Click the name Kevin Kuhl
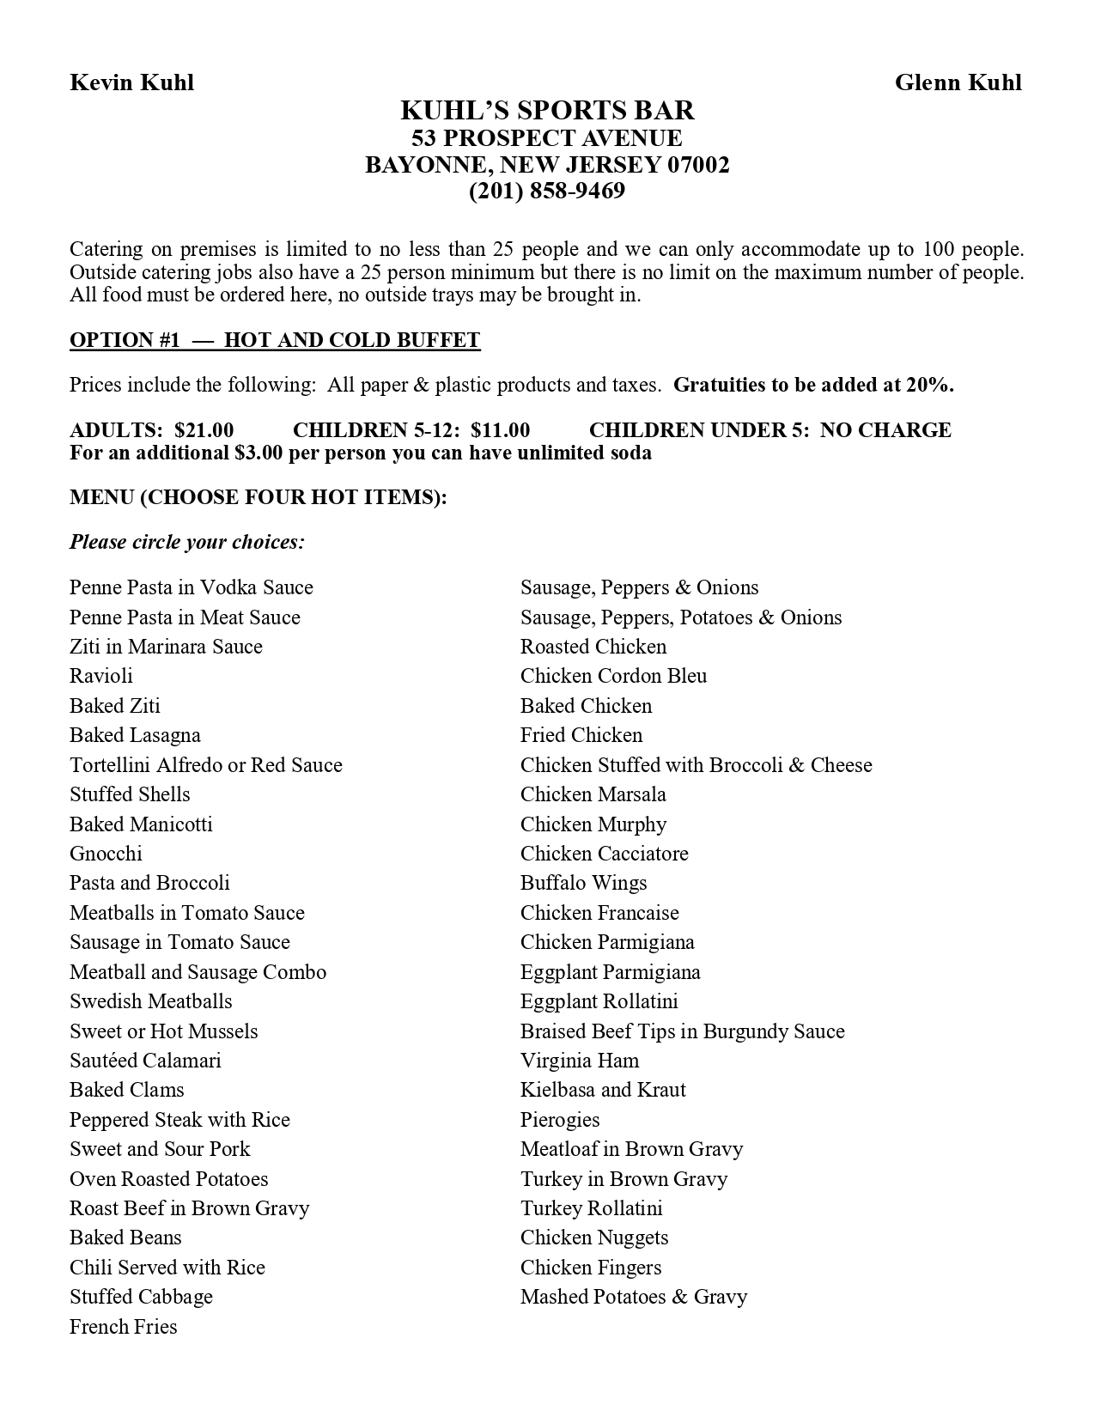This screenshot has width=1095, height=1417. click(131, 82)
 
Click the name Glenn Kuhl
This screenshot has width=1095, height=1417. click(958, 82)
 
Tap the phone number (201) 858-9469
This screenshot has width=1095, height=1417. click(547, 191)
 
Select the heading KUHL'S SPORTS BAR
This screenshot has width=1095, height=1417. click(547, 111)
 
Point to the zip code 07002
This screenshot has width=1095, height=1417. click(698, 165)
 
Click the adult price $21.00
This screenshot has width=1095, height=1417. click(204, 430)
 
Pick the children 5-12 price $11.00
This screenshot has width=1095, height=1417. click(500, 430)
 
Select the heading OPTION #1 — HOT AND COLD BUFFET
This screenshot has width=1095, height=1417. click(275, 340)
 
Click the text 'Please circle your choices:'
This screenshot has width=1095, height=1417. click(187, 543)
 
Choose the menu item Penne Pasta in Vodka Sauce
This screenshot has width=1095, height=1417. click(192, 588)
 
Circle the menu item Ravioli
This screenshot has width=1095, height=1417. click(101, 677)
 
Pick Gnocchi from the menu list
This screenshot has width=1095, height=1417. click(106, 854)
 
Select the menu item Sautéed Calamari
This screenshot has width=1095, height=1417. click(145, 1061)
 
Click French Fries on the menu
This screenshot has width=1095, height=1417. click(124, 1328)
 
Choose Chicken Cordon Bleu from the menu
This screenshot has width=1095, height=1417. click(613, 677)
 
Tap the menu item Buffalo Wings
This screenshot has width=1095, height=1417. click(583, 884)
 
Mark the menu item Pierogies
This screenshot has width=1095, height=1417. click(560, 1121)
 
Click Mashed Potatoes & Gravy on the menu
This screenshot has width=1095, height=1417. click(634, 1298)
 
